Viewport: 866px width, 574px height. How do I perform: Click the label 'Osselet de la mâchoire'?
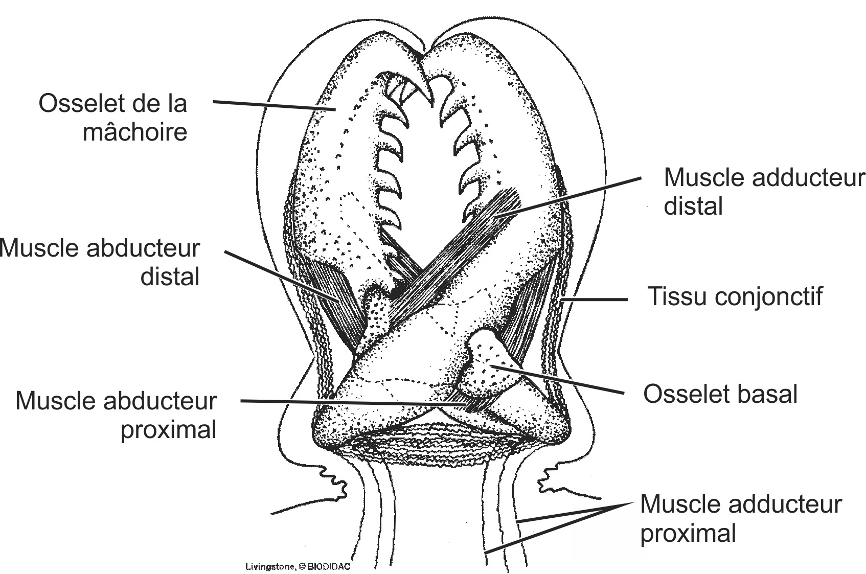point(113,118)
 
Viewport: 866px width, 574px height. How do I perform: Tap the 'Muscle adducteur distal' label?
point(764,192)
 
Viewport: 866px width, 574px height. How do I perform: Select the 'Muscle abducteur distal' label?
point(100,262)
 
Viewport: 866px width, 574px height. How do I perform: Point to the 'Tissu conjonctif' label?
point(735,296)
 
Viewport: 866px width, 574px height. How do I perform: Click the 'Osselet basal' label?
point(720,394)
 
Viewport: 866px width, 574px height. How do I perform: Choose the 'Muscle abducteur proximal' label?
point(116,415)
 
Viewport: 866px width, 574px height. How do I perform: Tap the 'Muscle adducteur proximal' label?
point(740,518)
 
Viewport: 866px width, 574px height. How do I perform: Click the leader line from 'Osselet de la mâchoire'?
point(274,105)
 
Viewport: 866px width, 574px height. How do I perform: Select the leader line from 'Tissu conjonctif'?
point(596,300)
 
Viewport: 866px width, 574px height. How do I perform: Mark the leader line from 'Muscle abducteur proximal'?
point(353,403)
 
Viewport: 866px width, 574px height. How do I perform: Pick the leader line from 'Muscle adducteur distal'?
point(567,198)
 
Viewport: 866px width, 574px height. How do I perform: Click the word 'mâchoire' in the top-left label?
point(135,132)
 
